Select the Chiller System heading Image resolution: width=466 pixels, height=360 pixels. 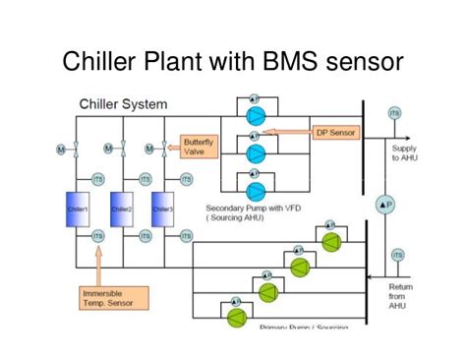pos(123,103)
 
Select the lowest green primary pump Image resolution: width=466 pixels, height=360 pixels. pos(236,317)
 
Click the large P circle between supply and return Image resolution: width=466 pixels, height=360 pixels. pos(384,203)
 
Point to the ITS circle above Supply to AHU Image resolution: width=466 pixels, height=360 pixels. pos(395,114)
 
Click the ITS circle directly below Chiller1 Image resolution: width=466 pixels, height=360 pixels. pos(97,236)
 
